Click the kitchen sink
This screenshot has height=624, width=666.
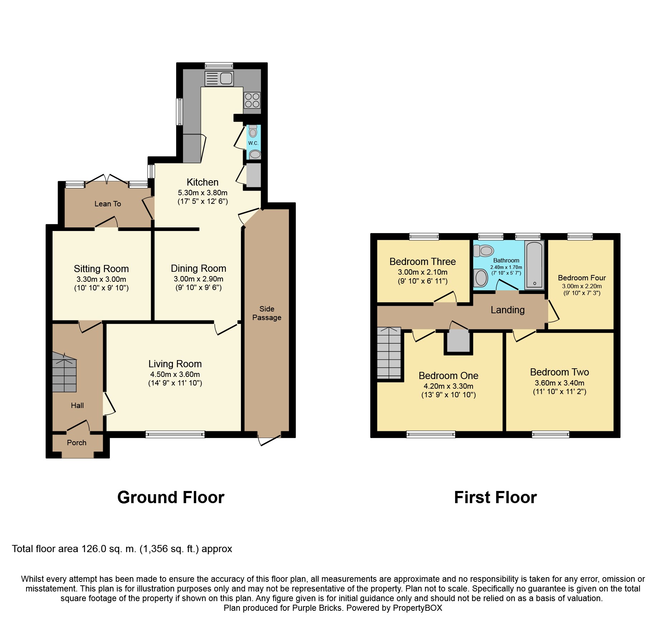coord(219,79)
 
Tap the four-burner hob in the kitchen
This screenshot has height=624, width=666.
coord(252,100)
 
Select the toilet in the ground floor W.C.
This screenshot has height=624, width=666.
coord(253,131)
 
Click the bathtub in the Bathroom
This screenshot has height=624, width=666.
coord(534,265)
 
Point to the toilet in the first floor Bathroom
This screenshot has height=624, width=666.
coord(483,251)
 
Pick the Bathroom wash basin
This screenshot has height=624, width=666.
coord(481,278)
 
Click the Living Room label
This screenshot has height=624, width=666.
coord(175,364)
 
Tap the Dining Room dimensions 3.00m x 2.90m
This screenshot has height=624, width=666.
coord(198,279)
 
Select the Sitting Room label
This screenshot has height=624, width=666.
coord(101,269)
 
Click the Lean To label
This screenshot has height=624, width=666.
coord(108,204)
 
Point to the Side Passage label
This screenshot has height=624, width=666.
coord(267,313)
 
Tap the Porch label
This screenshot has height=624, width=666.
coord(77,443)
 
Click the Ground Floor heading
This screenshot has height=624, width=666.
coord(171,497)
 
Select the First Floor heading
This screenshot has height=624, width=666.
coord(496,497)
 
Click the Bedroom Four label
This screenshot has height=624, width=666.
coord(582,278)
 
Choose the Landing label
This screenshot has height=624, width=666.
coord(508,310)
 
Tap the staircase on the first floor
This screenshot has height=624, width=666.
coord(389,353)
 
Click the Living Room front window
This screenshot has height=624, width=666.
coord(175,434)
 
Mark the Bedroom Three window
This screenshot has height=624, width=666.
coord(424,236)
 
